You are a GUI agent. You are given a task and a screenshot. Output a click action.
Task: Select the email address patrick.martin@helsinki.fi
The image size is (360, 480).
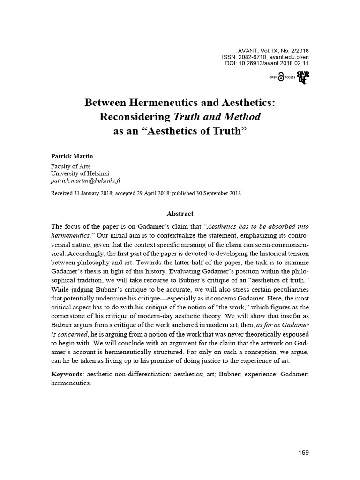click(x=88, y=180)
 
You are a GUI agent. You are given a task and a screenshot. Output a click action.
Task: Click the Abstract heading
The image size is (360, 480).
click(x=180, y=213)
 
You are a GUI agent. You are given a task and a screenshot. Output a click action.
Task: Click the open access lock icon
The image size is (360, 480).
click(x=280, y=78)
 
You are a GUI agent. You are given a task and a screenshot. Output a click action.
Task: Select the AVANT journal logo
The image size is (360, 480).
click(x=302, y=78)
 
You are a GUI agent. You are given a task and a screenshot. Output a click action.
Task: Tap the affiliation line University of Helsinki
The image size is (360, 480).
click(x=80, y=172)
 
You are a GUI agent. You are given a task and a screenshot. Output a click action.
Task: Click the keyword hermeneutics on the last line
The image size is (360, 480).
click(x=70, y=382)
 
